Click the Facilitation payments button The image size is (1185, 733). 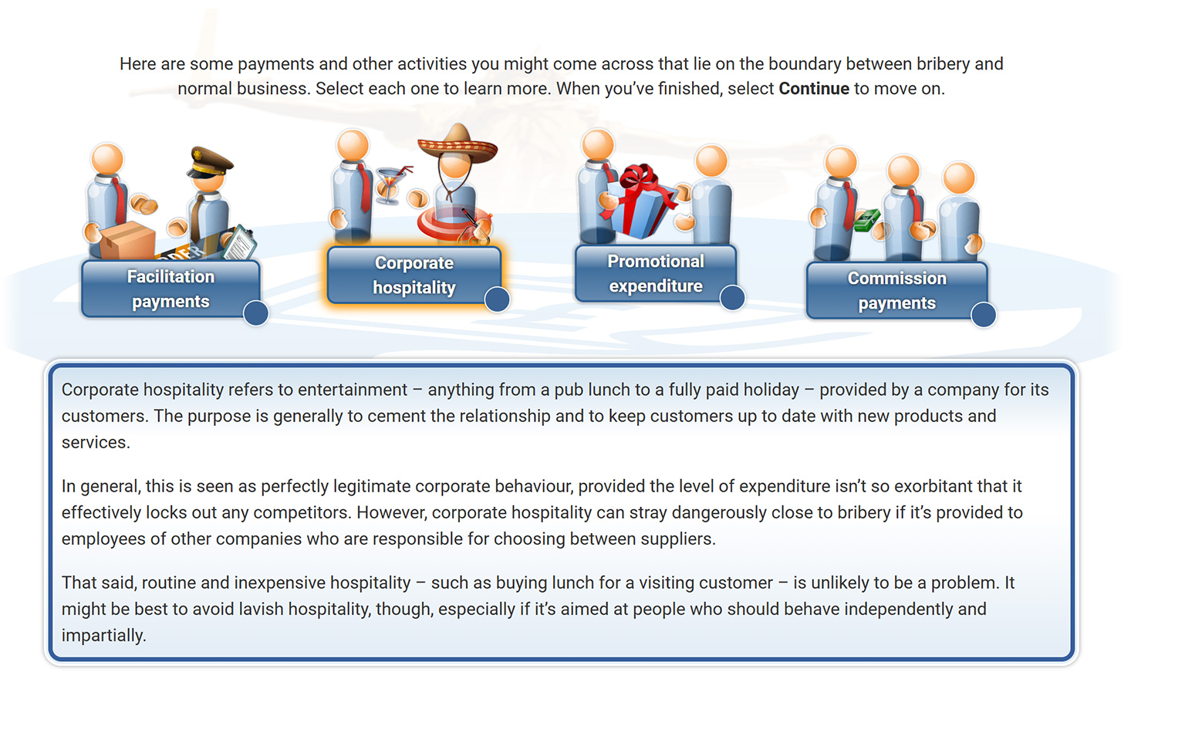click(170, 289)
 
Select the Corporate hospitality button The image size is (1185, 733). click(414, 275)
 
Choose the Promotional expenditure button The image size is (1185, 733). click(656, 273)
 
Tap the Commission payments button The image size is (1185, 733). click(896, 290)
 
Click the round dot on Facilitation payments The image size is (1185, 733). click(255, 312)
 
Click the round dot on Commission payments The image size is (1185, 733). click(984, 314)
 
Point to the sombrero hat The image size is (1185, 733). click(457, 143)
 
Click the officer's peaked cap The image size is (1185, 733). click(210, 163)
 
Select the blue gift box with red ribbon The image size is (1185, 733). click(639, 201)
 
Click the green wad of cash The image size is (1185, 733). click(866, 220)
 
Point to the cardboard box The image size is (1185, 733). click(127, 241)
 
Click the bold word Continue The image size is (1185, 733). click(814, 89)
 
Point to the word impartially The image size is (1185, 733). click(103, 635)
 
